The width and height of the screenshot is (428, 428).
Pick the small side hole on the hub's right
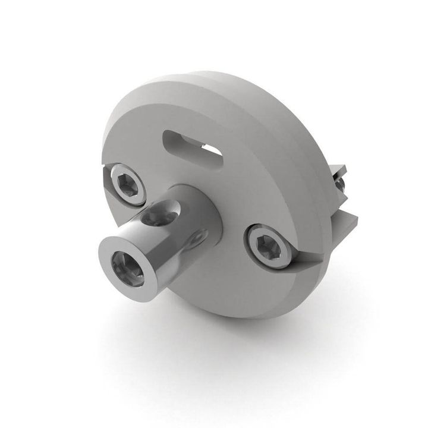click(x=194, y=240)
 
